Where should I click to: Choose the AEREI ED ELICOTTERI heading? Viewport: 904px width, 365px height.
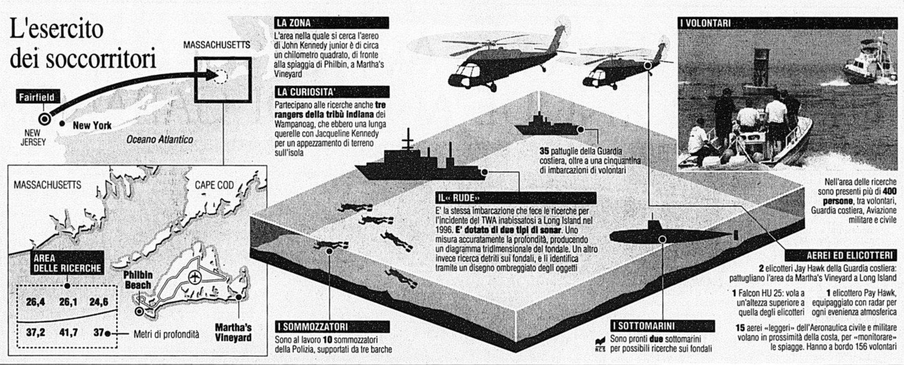pyautogui.click(x=839, y=254)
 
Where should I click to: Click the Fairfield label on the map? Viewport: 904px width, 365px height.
pyautogui.click(x=36, y=97)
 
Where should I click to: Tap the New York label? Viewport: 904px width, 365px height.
pyautogui.click(x=92, y=125)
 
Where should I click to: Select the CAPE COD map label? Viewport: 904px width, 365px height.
pyautogui.click(x=214, y=185)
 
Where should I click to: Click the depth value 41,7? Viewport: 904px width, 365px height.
pyautogui.click(x=68, y=332)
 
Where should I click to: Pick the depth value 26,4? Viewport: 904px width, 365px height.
pyautogui.click(x=35, y=302)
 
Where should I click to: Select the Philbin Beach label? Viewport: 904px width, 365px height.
pyautogui.click(x=137, y=280)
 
